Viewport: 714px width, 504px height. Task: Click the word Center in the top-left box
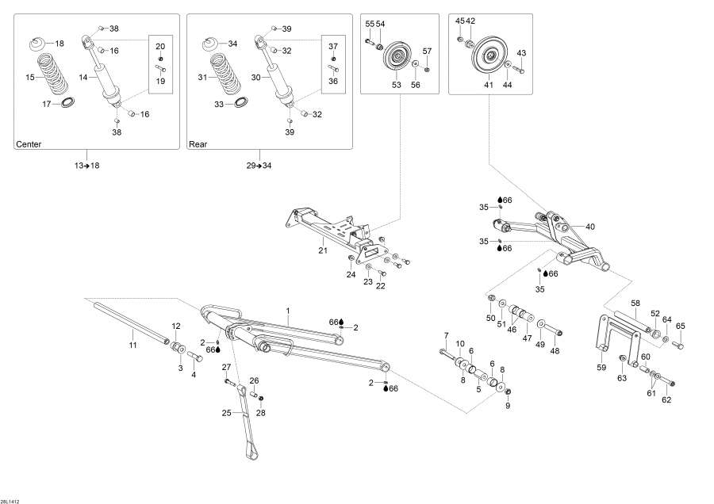point(29,145)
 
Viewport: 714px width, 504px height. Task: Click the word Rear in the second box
point(198,145)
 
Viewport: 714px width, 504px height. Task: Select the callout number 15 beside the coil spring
point(30,78)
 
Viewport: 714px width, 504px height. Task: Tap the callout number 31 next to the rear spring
point(202,78)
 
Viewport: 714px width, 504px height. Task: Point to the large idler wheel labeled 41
point(490,57)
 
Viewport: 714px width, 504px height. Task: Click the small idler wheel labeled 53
point(394,59)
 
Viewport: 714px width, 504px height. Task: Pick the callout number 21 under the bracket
point(323,250)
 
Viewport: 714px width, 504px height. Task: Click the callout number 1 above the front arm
point(288,310)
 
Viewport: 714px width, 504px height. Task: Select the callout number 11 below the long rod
point(133,346)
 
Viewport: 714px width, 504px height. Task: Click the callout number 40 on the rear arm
point(589,227)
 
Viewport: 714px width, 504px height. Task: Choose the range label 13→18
point(86,165)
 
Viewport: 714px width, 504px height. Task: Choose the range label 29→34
point(259,165)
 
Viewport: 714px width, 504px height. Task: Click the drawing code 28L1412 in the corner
point(11,496)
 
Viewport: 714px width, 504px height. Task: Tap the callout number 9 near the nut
point(509,406)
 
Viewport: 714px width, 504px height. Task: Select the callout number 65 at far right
point(680,326)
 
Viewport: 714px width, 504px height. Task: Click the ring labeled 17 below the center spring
point(69,102)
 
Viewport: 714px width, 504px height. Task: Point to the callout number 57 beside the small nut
point(427,52)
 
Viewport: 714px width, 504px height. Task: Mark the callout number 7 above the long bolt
point(446,334)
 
